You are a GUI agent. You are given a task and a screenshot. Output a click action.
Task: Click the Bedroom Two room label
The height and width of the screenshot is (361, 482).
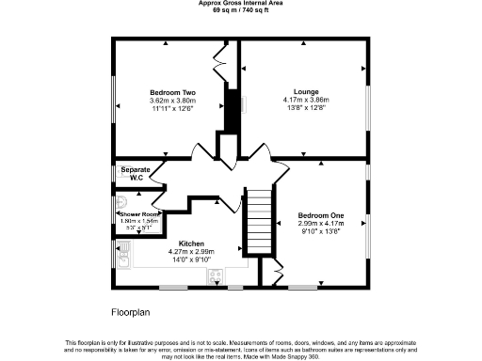pyautogui.click(x=172, y=92)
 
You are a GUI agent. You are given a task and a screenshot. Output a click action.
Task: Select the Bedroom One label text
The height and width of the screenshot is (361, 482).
pyautogui.click(x=320, y=216)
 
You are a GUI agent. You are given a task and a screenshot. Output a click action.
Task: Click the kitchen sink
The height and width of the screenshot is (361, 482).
pyautogui.click(x=123, y=250)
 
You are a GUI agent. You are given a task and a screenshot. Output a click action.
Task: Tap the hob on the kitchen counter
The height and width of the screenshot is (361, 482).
pyautogui.click(x=214, y=275)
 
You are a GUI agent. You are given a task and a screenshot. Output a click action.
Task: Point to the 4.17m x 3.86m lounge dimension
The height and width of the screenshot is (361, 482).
pyautogui.click(x=305, y=100)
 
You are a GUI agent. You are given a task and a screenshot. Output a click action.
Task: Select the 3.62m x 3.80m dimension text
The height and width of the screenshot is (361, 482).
pyautogui.click(x=172, y=101)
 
